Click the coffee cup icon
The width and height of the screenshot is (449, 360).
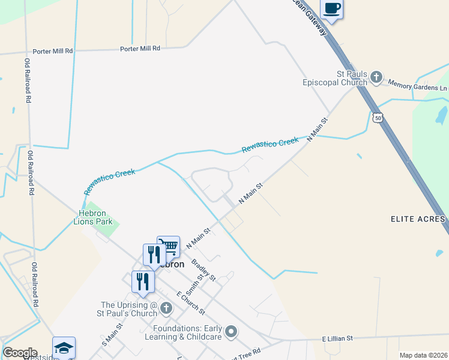click(332, 9)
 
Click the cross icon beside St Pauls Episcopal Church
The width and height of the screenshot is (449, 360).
click(376, 77)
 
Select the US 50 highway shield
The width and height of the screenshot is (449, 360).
click(377, 118)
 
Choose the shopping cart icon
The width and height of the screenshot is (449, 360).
click(169, 247)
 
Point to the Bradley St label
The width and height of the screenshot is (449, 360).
click(203, 270)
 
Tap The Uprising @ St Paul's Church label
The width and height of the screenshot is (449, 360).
click(128, 309)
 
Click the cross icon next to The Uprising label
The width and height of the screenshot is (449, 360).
click(166, 308)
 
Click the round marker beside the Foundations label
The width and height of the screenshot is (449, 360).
click(232, 331)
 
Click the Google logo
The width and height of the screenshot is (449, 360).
click(20, 353)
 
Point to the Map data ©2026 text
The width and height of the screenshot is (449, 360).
click(423, 355)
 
